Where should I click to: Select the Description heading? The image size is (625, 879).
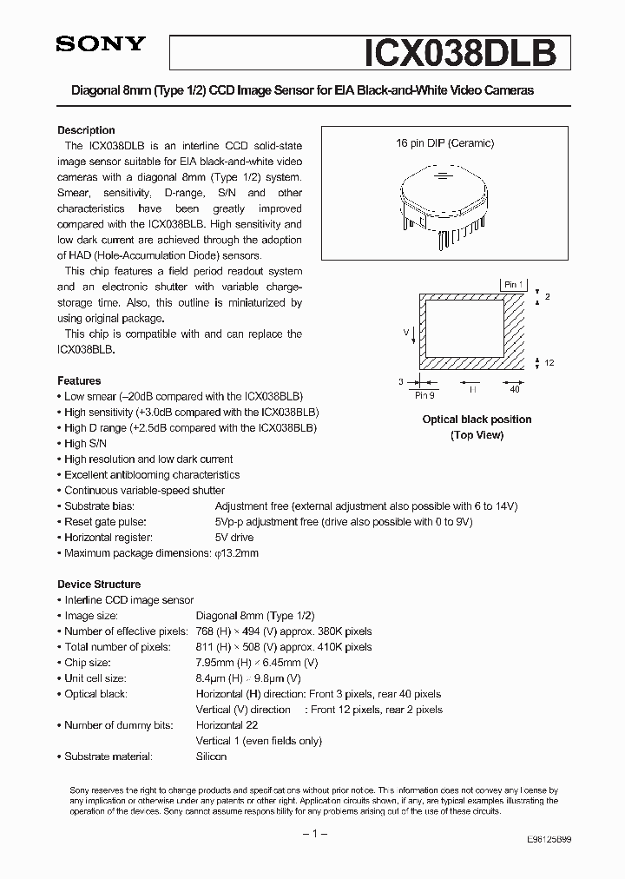point(86,129)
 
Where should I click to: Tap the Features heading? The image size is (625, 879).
point(79,380)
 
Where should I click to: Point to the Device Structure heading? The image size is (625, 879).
point(99,585)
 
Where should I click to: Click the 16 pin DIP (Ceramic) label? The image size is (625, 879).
point(445,143)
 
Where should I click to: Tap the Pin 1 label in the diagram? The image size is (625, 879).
point(513,284)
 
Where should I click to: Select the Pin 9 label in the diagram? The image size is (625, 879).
point(424,394)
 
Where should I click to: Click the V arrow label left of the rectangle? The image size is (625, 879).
point(405,332)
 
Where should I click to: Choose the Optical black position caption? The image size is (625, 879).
point(477,420)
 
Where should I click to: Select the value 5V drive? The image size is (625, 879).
point(234,538)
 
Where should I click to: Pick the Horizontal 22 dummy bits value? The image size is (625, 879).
point(227,725)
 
